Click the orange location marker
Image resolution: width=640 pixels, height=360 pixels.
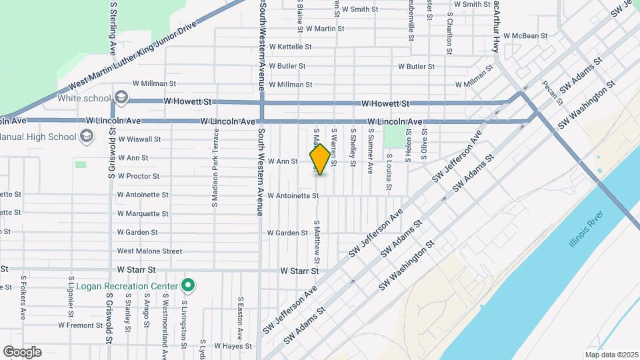tap(320, 159)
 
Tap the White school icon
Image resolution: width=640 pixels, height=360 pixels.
tap(121, 98)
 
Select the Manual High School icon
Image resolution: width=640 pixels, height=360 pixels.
tap(86, 137)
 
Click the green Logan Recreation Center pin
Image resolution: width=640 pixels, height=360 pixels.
tap(188, 286)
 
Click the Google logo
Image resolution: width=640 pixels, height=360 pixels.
tap(22, 351)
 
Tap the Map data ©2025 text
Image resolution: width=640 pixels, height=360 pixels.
tap(611, 355)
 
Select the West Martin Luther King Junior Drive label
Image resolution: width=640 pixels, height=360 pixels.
tap(135, 56)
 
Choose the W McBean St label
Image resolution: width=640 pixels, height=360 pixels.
tap(525, 36)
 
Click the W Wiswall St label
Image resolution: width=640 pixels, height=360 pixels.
tap(139, 139)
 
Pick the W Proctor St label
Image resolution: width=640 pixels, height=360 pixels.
tap(138, 177)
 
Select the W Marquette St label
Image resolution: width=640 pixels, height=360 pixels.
tap(143, 214)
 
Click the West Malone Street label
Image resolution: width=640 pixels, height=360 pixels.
tap(149, 251)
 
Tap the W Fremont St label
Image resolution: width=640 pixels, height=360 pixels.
tap(80, 325)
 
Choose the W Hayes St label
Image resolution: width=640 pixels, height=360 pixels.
tap(229, 346)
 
